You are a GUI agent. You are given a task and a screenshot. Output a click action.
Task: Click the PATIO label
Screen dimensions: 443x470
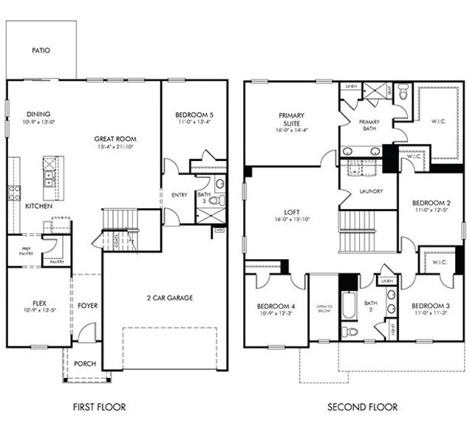41,51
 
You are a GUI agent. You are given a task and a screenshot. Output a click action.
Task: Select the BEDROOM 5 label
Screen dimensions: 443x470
194,114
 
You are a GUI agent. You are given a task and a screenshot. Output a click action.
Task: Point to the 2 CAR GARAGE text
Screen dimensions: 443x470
170,298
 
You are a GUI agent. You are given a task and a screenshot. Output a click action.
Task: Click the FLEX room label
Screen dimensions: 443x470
39,303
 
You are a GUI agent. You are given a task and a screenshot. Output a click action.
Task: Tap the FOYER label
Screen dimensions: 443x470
88,305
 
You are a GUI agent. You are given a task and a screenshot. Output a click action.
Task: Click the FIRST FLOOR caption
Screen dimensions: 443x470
99,407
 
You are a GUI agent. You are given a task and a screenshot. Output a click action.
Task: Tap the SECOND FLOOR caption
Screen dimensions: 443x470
363,407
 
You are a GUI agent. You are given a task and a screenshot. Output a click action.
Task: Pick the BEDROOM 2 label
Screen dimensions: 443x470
431,203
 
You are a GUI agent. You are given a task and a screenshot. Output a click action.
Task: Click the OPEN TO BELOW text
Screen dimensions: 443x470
323,308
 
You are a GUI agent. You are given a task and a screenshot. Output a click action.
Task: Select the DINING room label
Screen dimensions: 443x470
38,114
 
